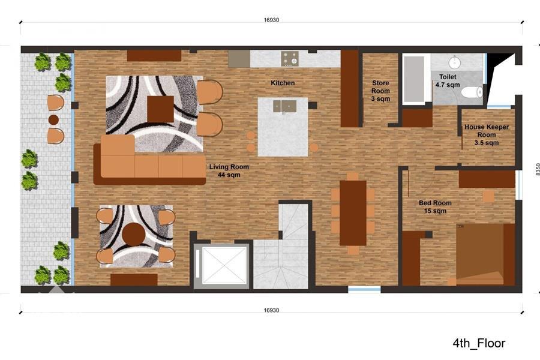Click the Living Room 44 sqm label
pyautogui.click(x=229, y=171)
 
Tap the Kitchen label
pyautogui.click(x=283, y=83)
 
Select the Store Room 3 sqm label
pyautogui.click(x=380, y=91)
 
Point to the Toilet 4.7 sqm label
pyautogui.click(x=448, y=80)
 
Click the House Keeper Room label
pyautogui.click(x=487, y=131)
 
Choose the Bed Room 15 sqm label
pyautogui.click(x=436, y=206)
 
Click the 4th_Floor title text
pyautogui.click(x=479, y=343)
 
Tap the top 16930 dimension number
pyautogui.click(x=271, y=20)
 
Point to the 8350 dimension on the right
pyautogui.click(x=537, y=169)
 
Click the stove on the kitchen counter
pyautogui.click(x=290, y=59)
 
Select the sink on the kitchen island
pyautogui.click(x=285, y=106)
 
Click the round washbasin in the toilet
pyautogui.click(x=455, y=62)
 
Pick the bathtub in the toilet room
pyautogui.click(x=413, y=79)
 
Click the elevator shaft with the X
pyautogui.click(x=221, y=265)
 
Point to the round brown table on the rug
pyautogui.click(x=133, y=234)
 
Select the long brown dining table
pyautogui.click(x=353, y=213)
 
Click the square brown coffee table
pyautogui.click(x=160, y=109)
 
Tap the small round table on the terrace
pyautogui.click(x=53, y=119)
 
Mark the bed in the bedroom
pyautogui.click(x=485, y=254)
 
